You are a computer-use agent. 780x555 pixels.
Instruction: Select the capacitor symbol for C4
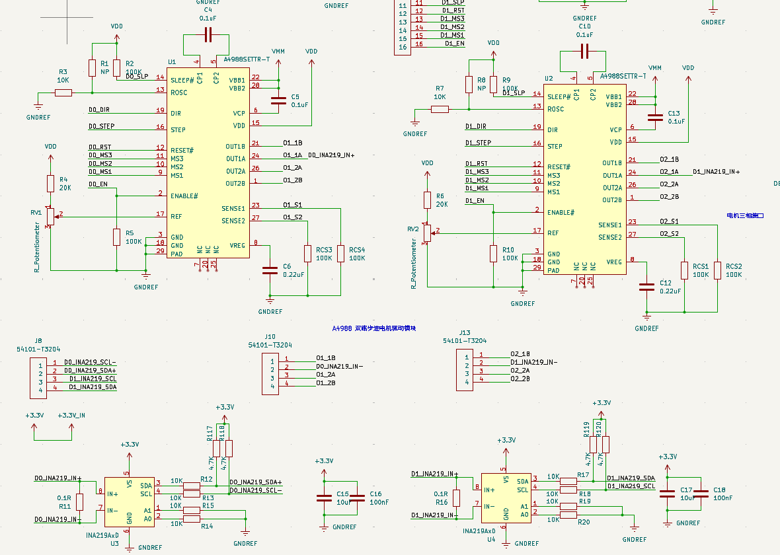208,35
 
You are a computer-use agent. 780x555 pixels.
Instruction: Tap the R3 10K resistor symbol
63,92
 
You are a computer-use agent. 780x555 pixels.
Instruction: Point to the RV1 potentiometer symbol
50,217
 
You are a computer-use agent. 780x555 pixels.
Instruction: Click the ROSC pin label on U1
179,92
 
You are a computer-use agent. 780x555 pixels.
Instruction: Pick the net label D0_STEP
101,126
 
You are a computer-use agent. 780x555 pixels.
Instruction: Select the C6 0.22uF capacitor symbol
270,270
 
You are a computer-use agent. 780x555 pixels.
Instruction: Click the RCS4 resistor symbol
341,253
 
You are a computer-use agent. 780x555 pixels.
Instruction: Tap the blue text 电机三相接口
745,215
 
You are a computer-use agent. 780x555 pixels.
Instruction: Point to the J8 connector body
38,379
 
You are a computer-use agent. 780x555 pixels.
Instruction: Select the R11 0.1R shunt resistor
80,502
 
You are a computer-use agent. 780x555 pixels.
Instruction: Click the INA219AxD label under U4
479,531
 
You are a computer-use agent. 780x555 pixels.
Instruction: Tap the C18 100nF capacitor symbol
701,493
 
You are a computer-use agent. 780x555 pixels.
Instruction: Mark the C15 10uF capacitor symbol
324,498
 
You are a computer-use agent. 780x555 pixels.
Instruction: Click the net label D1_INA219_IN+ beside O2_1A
716,172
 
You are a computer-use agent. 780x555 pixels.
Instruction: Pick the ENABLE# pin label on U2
561,213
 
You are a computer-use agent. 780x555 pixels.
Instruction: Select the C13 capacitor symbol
655,118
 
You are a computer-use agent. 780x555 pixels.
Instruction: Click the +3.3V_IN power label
71,416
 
